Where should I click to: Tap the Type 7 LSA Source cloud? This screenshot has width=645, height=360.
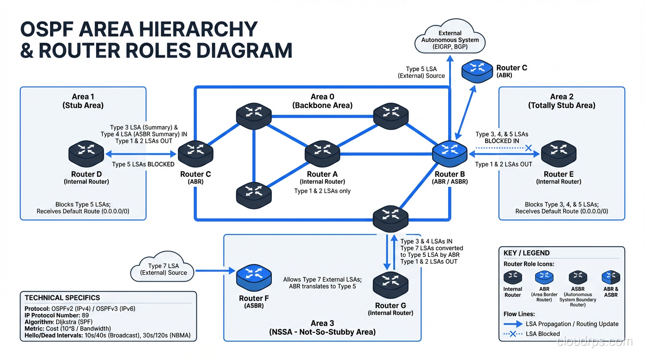click(x=163, y=270)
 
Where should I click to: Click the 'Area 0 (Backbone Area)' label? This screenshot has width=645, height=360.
click(x=322, y=101)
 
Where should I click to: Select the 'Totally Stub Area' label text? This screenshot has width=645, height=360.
click(x=561, y=105)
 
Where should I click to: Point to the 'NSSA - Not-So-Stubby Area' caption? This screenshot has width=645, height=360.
click(x=322, y=332)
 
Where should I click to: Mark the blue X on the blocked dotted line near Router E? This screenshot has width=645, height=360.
click(x=529, y=148)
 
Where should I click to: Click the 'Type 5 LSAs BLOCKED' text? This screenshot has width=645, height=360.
click(x=143, y=164)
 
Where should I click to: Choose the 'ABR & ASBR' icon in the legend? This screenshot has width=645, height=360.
click(x=611, y=277)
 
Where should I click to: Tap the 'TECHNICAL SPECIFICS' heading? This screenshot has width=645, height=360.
click(x=62, y=298)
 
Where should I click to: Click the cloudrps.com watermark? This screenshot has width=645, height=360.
click(x=594, y=342)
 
